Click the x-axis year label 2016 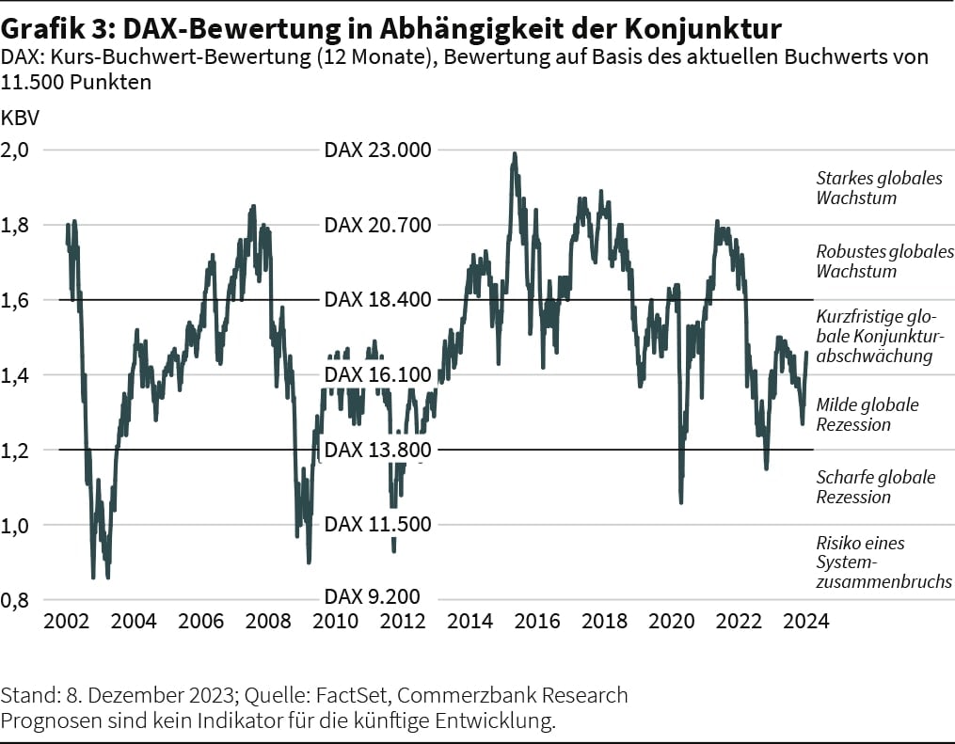(537, 622)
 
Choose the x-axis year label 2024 (805, 622)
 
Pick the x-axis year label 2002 (67, 622)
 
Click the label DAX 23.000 (377, 150)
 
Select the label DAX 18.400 (377, 300)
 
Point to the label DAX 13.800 (377, 450)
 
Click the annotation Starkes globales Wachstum (878, 188)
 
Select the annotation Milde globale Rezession (867, 414)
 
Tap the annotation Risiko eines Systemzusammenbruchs (883, 562)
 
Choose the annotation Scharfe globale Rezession (875, 487)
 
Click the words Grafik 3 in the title (53, 23)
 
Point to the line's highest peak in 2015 (514, 153)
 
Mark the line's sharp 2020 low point (680, 502)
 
